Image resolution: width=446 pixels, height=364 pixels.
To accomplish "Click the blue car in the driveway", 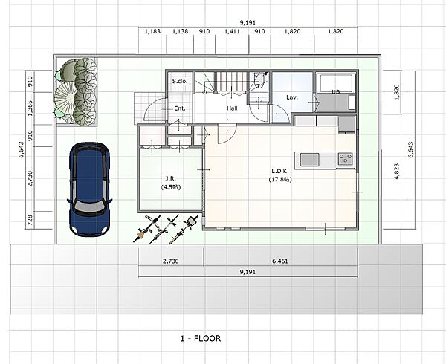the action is [89, 189].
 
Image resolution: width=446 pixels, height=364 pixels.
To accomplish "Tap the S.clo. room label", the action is [180, 81].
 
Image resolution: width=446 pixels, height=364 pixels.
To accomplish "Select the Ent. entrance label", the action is [180, 108].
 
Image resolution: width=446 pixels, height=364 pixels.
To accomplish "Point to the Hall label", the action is [232, 108].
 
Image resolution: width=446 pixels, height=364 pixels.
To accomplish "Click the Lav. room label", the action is [292, 97].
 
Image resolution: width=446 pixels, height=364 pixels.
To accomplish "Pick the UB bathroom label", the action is [336, 92].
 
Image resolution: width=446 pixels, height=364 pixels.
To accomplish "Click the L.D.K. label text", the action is [280, 171].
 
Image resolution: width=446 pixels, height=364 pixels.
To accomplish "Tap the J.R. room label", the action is [171, 178].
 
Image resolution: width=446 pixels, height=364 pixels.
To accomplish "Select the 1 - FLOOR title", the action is [201, 339].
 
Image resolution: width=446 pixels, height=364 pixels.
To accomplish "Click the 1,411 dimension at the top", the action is [232, 31].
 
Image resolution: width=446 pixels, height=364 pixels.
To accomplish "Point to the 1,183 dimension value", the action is [152, 31].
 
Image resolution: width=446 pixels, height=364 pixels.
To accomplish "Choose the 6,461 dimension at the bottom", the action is [280, 261].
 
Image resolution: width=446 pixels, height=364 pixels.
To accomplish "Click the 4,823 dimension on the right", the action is [398, 171].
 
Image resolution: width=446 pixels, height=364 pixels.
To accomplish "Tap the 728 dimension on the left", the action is [30, 220].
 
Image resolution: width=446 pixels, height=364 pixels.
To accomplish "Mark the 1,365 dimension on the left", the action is [30, 108].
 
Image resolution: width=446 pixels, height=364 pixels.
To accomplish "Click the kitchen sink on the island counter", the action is [310, 160].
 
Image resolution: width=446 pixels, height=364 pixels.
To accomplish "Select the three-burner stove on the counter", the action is [346, 158].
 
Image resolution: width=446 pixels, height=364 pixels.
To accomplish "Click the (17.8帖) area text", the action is [280, 179].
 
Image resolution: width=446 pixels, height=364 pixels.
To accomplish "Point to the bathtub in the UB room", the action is [336, 82].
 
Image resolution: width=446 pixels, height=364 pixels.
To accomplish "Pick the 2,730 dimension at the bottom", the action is [171, 261].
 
